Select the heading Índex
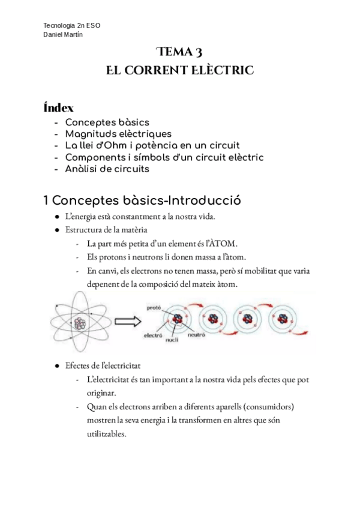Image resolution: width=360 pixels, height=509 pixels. (x=59, y=108)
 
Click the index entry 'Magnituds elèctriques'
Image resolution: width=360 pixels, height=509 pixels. (x=118, y=134)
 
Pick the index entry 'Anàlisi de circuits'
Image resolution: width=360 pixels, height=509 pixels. (x=107, y=169)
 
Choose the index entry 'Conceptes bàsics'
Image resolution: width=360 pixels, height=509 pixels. (x=107, y=122)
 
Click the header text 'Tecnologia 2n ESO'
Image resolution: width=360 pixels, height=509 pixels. (x=72, y=26)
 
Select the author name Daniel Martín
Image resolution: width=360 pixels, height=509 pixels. (x=64, y=34)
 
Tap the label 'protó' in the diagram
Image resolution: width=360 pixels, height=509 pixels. (x=154, y=308)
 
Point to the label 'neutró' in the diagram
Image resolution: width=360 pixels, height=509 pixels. (x=196, y=336)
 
